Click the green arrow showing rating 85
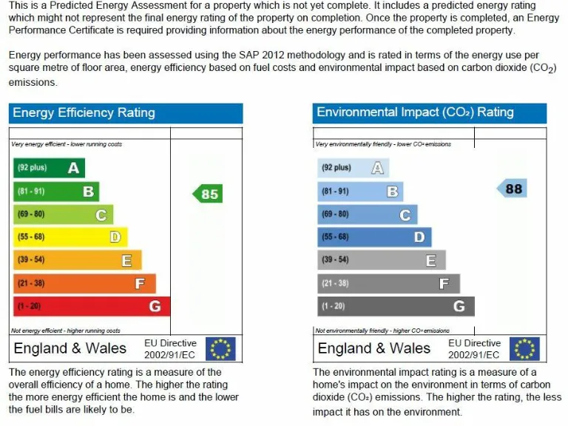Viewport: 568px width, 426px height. tap(208, 194)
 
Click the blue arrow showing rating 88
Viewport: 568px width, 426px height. tap(511, 189)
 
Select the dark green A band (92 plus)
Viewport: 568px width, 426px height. tap(49, 168)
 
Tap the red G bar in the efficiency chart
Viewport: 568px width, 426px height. tap(91, 306)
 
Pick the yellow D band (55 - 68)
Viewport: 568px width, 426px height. tap(70, 237)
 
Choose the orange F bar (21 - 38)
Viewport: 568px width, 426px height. tap(84, 283)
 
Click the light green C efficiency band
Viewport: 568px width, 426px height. tap(63, 214)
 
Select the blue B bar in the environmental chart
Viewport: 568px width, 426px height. tap(360, 192)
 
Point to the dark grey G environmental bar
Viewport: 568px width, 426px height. tap(396, 306)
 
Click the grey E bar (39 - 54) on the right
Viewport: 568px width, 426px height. tap(382, 260)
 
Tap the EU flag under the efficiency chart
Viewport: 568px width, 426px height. tap(220, 348)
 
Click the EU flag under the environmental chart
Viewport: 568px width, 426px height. tap(524, 348)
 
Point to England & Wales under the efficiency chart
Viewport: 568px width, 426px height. tap(70, 348)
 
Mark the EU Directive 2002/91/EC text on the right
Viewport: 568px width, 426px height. tap(474, 348)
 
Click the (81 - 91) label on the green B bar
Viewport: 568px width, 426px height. tap(31, 192)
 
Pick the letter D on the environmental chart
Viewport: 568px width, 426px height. tap(419, 237)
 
